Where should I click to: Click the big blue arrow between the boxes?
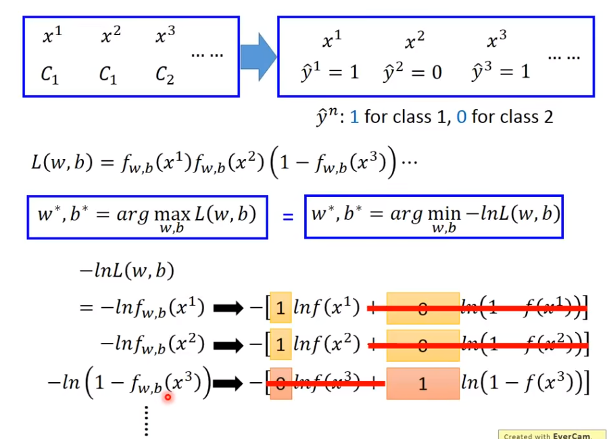click(x=258, y=56)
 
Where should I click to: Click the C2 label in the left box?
click(x=164, y=76)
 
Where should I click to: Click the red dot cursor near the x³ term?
click(x=167, y=397)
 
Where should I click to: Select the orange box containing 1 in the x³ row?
click(x=422, y=384)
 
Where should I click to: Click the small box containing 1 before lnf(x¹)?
click(x=281, y=309)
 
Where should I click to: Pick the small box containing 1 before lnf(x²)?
click(x=281, y=346)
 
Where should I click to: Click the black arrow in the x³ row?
click(x=228, y=384)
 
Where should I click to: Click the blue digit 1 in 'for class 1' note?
click(x=354, y=117)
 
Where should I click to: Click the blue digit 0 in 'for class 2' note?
click(x=462, y=117)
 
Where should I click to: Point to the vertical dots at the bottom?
click(x=145, y=421)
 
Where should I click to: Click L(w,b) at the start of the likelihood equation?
click(x=61, y=162)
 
